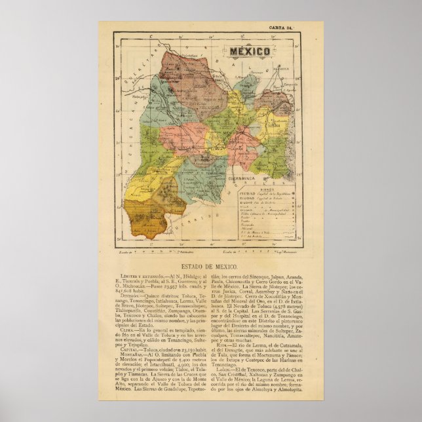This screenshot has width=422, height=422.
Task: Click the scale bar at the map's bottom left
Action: coord(154,250)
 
